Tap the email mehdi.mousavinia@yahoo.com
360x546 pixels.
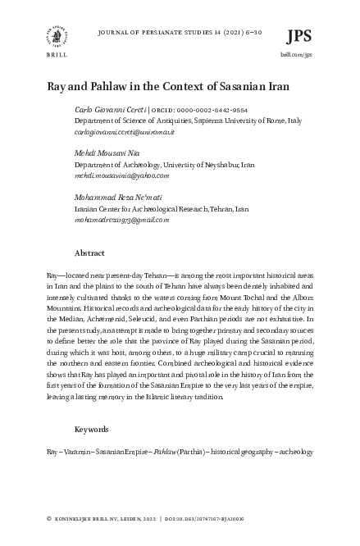point(121,175)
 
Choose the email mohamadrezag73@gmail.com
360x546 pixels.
point(121,220)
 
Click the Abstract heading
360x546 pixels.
point(89,253)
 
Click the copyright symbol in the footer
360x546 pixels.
point(50,519)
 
